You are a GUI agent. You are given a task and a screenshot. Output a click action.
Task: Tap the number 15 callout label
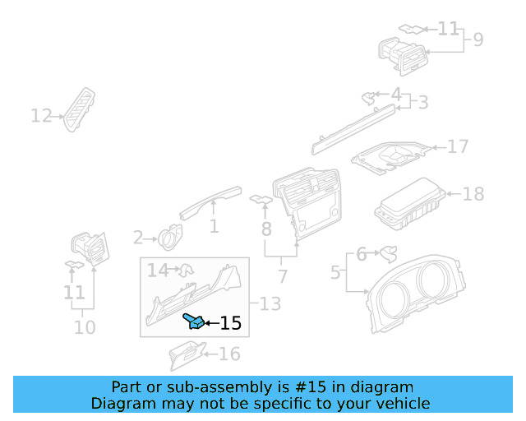point(231,323)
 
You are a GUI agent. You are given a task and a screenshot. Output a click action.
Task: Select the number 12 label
point(41,116)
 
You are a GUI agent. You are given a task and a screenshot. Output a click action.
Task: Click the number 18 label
point(473,195)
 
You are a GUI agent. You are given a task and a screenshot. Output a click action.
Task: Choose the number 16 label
point(229,354)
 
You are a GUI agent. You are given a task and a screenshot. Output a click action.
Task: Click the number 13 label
point(270,304)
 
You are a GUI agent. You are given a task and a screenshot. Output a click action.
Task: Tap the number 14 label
point(158,269)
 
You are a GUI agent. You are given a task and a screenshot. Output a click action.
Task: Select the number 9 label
point(478,39)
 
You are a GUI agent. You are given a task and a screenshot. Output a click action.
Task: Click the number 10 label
point(85,327)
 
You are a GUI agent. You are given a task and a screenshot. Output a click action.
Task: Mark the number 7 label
point(283,276)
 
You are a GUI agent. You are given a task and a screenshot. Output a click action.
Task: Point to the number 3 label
point(422,103)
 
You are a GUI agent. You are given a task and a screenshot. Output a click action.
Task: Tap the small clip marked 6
point(387,252)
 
